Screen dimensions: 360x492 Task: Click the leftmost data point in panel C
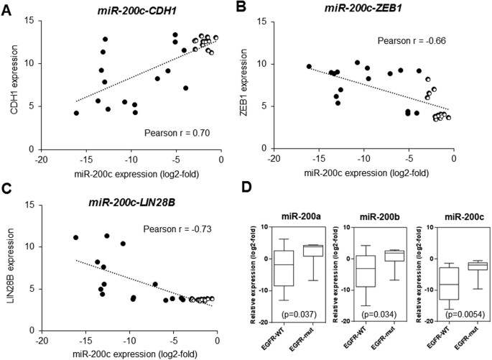pos(75,237)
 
